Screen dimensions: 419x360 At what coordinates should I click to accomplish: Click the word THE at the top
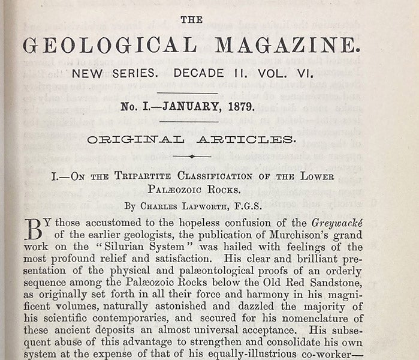point(192,20)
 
